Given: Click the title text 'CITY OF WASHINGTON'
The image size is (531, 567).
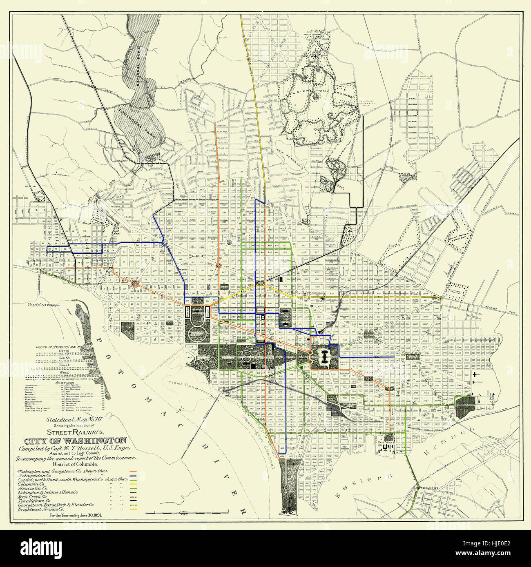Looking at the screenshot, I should [75, 441].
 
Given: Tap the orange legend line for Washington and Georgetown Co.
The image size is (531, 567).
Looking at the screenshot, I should [132, 471].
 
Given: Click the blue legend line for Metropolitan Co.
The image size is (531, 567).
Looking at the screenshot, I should [132, 476].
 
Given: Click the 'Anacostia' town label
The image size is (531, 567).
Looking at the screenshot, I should [425, 488].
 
